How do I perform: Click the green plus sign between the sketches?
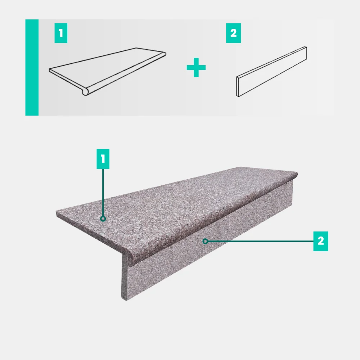coord(196,68)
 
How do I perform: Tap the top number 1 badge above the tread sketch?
coord(61,33)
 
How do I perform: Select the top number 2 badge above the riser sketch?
coord(234,33)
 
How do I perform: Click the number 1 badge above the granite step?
coord(103,159)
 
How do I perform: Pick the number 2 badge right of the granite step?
coord(321,241)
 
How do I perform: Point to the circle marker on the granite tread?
coord(103,219)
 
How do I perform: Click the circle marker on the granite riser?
coord(206,241)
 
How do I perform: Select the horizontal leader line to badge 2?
coord(261,241)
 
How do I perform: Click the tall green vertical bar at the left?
coord(32,68)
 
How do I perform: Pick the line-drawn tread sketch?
coord(107,71)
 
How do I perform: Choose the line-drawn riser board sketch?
coord(271,72)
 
